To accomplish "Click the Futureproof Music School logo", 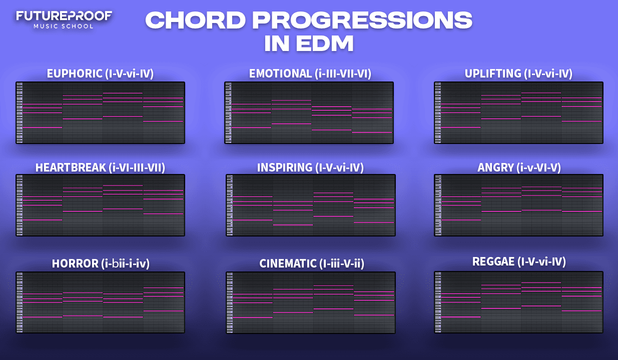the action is (64, 20).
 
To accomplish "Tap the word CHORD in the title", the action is (195, 20).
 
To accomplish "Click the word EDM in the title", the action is (325, 43).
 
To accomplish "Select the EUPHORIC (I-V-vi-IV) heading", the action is (100, 73).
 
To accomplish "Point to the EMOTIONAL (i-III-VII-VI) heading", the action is (310, 73).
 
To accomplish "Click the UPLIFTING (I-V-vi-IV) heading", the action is (518, 73).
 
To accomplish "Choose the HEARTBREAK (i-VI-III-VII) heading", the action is (100, 167).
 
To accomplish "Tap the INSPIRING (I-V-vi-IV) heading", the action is (310, 167).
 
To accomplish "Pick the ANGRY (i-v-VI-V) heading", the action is (519, 167).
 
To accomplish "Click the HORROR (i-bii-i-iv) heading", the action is (101, 263).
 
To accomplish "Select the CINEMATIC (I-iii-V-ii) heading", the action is (312, 263).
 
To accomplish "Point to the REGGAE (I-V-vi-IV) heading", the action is (519, 261).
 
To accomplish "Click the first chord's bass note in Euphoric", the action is (42, 127).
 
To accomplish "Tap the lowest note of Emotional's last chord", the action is (372, 132).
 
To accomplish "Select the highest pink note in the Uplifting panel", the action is (541, 93).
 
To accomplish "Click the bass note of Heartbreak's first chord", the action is (42, 220).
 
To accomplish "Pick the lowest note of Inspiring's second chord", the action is (293, 225).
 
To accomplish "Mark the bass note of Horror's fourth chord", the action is (163, 311).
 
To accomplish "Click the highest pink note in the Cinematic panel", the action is (333, 285).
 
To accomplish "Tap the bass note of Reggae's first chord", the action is (461, 317).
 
